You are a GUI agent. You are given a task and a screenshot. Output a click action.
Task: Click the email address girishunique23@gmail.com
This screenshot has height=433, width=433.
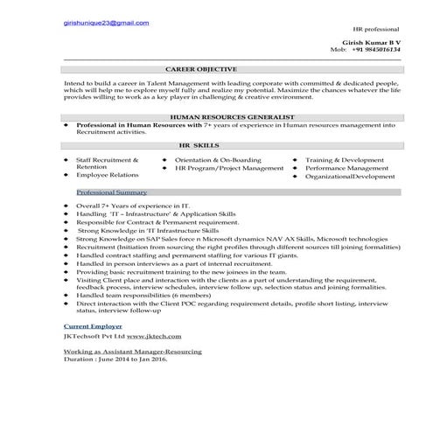107,23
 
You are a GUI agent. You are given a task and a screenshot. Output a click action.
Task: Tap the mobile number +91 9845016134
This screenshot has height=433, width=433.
377,50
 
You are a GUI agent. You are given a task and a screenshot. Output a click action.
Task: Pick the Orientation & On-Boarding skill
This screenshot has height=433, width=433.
218,160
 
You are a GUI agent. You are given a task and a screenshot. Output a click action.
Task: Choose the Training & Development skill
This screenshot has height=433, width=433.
345,160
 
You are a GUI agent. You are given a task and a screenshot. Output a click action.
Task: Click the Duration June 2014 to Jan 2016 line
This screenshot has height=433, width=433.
115,359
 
